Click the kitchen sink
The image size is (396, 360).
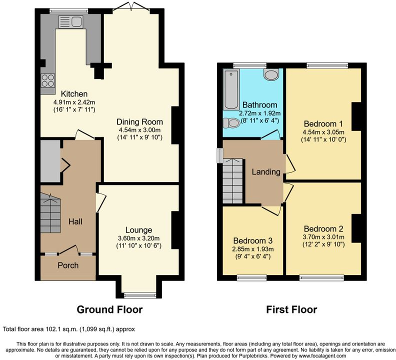[70, 21]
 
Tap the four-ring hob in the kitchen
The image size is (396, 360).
[48, 80]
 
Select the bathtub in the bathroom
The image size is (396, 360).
[231, 89]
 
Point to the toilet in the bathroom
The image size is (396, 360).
[231, 123]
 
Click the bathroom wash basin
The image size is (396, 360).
[271, 74]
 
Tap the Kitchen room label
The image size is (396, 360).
[74, 93]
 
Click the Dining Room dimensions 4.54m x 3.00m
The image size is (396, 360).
[139, 130]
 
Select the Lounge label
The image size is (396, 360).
[138, 230]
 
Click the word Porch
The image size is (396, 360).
[68, 265]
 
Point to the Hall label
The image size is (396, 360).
[75, 221]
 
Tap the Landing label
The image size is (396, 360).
[266, 172]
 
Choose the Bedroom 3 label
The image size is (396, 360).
[253, 241]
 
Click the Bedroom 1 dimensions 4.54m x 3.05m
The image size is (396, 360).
[323, 132]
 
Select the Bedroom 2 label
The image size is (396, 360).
[323, 229]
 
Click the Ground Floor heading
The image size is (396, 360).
[109, 309]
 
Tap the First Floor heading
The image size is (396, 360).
[291, 309]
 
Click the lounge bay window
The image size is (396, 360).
[140, 294]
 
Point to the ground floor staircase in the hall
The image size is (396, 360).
[50, 213]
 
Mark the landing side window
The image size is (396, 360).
[220, 155]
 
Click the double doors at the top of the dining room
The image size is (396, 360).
[131, 6]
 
